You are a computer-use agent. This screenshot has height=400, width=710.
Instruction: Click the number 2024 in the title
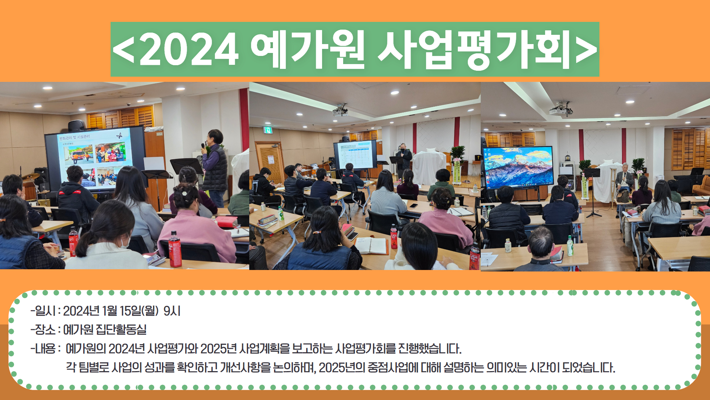(189, 50)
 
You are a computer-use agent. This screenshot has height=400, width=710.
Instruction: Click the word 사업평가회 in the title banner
(474, 50)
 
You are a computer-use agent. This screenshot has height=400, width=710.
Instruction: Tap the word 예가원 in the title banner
(308, 50)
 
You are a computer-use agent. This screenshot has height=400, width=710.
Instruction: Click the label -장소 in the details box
(43, 330)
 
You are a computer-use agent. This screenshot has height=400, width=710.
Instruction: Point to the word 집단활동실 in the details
(121, 330)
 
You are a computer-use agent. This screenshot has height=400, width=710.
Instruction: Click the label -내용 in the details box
(43, 349)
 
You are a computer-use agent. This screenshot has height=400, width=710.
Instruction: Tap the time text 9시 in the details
(172, 311)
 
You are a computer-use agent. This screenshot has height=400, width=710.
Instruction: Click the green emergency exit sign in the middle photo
(268, 130)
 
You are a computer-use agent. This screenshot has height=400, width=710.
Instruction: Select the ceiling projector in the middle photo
(340, 110)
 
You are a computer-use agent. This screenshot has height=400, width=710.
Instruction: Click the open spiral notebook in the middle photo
(371, 245)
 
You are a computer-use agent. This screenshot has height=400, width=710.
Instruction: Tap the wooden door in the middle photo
(271, 162)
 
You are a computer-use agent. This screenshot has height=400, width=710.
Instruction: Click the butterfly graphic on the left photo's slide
(119, 136)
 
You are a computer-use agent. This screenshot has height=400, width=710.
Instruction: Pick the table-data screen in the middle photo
(355, 155)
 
